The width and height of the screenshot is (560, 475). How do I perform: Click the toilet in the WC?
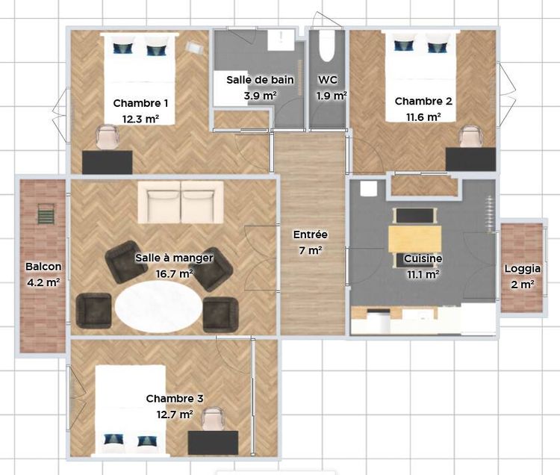click(326, 46)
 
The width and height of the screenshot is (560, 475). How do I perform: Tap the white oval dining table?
click(158, 307)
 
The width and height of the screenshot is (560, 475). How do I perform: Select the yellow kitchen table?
click(414, 238)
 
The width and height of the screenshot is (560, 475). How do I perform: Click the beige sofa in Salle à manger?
click(181, 202)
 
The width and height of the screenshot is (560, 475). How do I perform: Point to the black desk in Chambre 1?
click(107, 163)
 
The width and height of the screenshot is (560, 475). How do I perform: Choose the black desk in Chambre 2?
click(470, 159)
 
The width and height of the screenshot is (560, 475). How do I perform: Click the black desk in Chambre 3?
click(214, 443)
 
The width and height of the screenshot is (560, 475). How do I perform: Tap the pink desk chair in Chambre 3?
click(214, 418)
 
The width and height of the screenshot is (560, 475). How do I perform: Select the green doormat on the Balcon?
click(46, 214)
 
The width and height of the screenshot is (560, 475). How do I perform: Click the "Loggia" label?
click(522, 269)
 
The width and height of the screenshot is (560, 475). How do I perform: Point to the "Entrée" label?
click(311, 235)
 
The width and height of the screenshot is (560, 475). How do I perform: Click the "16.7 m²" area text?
click(175, 274)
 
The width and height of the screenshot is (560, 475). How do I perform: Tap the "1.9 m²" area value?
click(332, 96)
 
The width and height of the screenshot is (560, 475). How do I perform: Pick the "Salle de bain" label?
click(260, 80)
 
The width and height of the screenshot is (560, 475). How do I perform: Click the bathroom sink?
click(281, 40)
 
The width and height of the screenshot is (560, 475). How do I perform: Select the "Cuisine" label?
click(423, 258)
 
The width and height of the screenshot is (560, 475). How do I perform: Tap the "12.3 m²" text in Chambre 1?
click(140, 119)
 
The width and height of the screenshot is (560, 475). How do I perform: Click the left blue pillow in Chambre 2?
click(404, 46)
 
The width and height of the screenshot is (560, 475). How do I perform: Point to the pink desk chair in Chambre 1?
click(107, 137)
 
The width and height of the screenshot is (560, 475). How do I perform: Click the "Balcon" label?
click(43, 267)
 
